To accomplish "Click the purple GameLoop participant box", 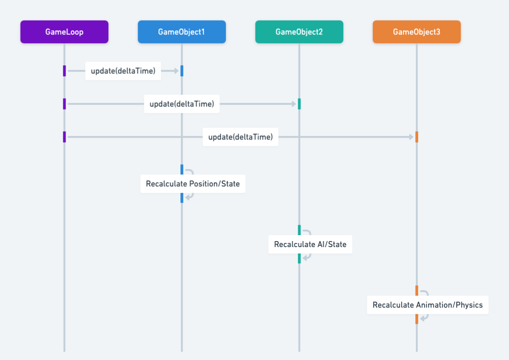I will [x=64, y=32].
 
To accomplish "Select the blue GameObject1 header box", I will [x=182, y=32].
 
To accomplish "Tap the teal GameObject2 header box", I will [x=299, y=32].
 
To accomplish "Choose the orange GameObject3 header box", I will [x=417, y=32].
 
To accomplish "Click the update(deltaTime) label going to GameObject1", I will [x=123, y=71].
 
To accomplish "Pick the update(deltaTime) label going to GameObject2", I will [x=182, y=104].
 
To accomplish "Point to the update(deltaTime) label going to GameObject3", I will [x=241, y=137].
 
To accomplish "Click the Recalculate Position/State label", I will [x=193, y=184].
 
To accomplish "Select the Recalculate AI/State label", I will [x=310, y=244].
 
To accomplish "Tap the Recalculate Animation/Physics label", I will [x=428, y=305].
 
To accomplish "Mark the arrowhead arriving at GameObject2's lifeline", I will [x=294, y=104].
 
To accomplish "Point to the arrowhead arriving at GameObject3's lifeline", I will [x=411, y=137].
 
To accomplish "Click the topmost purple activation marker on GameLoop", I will [x=64, y=71].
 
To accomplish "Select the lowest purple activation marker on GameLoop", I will [x=64, y=137].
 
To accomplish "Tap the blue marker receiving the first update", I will [x=182, y=71].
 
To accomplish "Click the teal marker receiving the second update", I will [x=299, y=104].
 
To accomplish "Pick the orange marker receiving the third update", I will [x=417, y=137].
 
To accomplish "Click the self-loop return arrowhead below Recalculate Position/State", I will [x=187, y=197].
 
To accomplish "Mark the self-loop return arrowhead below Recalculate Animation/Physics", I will [x=422, y=319].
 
